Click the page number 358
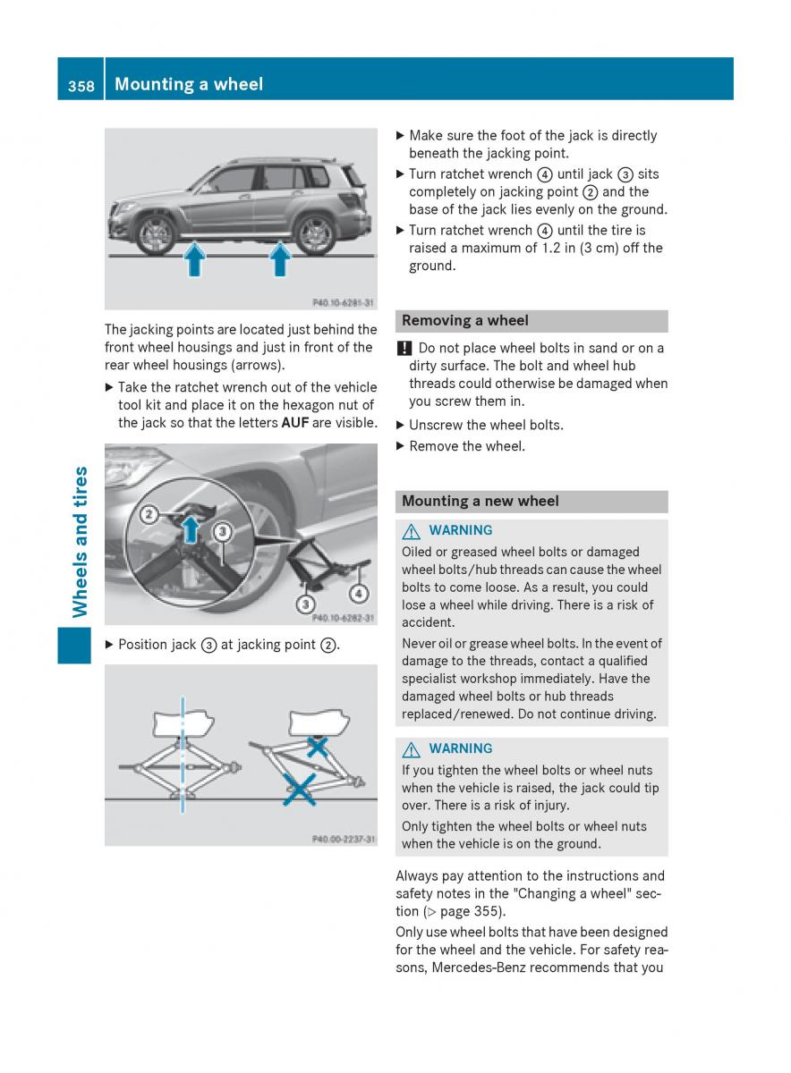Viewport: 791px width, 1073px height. pyautogui.click(x=81, y=85)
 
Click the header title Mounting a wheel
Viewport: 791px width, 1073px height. pyautogui.click(x=189, y=84)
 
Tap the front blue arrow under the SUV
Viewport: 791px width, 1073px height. pyautogui.click(x=194, y=260)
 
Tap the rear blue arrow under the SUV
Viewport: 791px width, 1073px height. pyautogui.click(x=281, y=260)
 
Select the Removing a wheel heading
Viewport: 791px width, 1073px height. pyautogui.click(x=465, y=320)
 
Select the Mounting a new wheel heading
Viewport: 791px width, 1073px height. pyautogui.click(x=480, y=502)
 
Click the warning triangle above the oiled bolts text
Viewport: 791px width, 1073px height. pyautogui.click(x=412, y=531)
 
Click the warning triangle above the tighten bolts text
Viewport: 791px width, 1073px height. pyautogui.click(x=412, y=749)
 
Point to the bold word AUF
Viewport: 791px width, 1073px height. pyautogui.click(x=295, y=423)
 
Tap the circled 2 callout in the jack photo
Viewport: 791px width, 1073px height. pyautogui.click(x=149, y=514)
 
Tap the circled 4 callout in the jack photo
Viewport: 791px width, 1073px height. pyautogui.click(x=359, y=592)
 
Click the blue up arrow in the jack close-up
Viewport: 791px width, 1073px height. pyautogui.click(x=190, y=528)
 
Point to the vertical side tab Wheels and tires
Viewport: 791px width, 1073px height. pyautogui.click(x=81, y=542)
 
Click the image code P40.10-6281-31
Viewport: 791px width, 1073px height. pyautogui.click(x=344, y=303)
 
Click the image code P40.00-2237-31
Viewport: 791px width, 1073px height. pyautogui.click(x=344, y=840)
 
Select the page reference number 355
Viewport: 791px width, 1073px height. pyautogui.click(x=488, y=912)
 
